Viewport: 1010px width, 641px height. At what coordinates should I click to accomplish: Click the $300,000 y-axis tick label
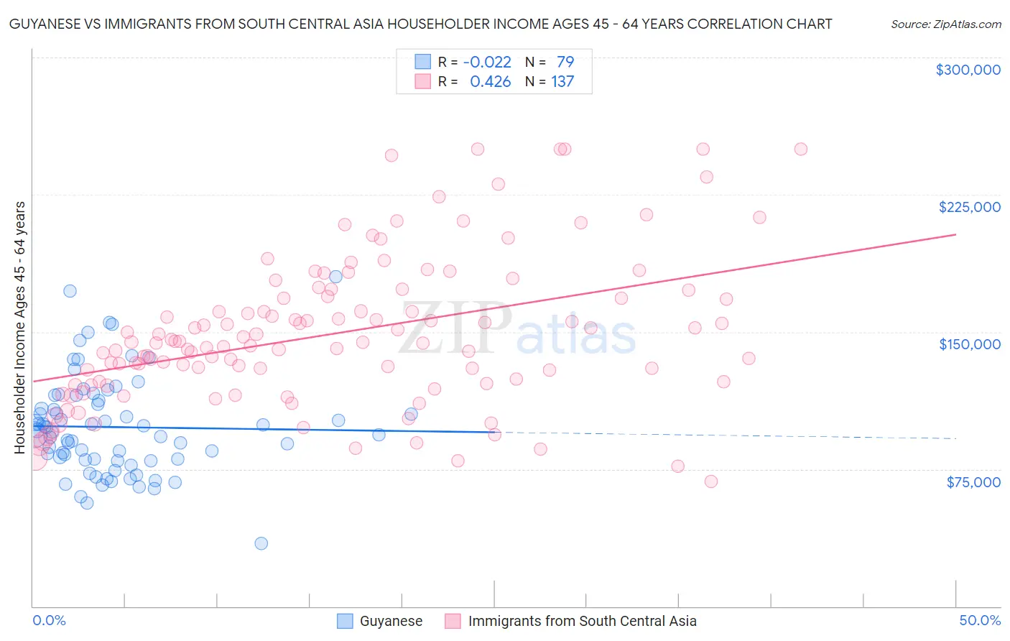click(x=968, y=70)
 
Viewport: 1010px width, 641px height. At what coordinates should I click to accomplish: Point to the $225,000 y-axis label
click(x=969, y=207)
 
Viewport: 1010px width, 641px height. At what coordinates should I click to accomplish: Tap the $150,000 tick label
click(x=969, y=344)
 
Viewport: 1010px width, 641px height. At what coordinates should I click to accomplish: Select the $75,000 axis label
click(x=973, y=482)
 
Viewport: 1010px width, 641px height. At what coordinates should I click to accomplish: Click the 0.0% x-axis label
click(x=49, y=620)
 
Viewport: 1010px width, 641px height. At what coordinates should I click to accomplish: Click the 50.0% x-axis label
click(x=980, y=620)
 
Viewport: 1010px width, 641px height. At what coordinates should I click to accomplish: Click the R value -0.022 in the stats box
click(x=486, y=62)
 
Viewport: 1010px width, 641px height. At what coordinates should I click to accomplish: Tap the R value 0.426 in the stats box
click(x=490, y=81)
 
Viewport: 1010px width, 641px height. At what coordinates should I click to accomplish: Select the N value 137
click(x=562, y=81)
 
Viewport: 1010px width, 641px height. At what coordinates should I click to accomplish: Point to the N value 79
click(x=565, y=62)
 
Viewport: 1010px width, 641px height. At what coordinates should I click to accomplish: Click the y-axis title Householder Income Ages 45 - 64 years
click(x=20, y=328)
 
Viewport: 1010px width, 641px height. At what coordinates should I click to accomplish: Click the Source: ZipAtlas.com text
click(x=945, y=24)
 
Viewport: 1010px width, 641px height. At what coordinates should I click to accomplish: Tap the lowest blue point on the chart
click(x=261, y=543)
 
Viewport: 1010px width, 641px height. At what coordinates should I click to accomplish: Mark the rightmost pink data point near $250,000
click(x=800, y=149)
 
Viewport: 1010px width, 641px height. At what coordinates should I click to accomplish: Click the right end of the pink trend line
click(x=955, y=234)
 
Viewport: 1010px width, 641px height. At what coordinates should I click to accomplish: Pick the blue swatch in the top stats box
click(x=422, y=62)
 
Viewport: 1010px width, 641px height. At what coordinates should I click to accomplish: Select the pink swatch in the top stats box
click(x=422, y=81)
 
